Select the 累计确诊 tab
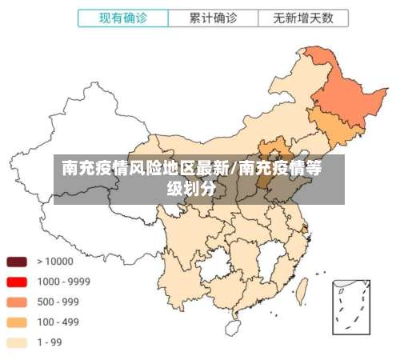point(213,17)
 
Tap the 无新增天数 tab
point(303,17)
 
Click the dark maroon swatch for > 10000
point(18,262)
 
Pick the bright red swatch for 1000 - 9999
point(18,282)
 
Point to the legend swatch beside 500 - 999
point(18,302)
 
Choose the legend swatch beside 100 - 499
point(18,322)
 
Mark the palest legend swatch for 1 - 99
point(18,342)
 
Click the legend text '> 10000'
point(55,262)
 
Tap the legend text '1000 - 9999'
point(63,282)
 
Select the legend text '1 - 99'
point(50,342)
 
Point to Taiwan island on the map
point(302,288)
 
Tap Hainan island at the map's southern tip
point(234,326)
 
